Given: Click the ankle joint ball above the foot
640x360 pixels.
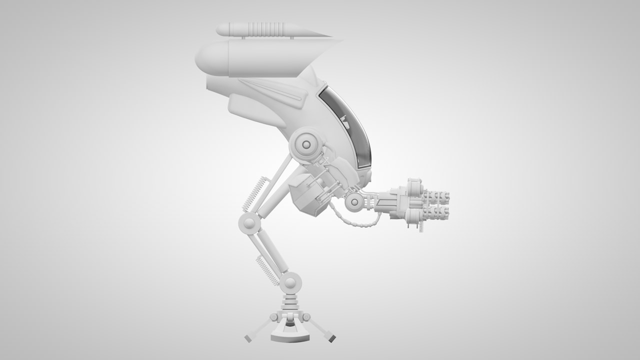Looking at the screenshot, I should [x=290, y=283].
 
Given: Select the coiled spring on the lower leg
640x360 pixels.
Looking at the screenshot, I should [x=267, y=270].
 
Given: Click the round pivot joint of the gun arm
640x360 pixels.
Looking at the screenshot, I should [x=354, y=202].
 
